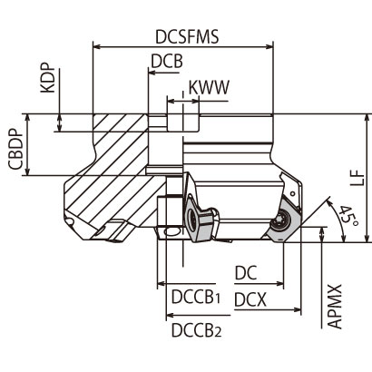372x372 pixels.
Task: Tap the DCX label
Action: pyautogui.click(x=250, y=298)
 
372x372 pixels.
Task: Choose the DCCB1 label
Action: pyautogui.click(x=196, y=298)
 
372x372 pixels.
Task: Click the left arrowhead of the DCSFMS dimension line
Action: pyautogui.click(x=93, y=45)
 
